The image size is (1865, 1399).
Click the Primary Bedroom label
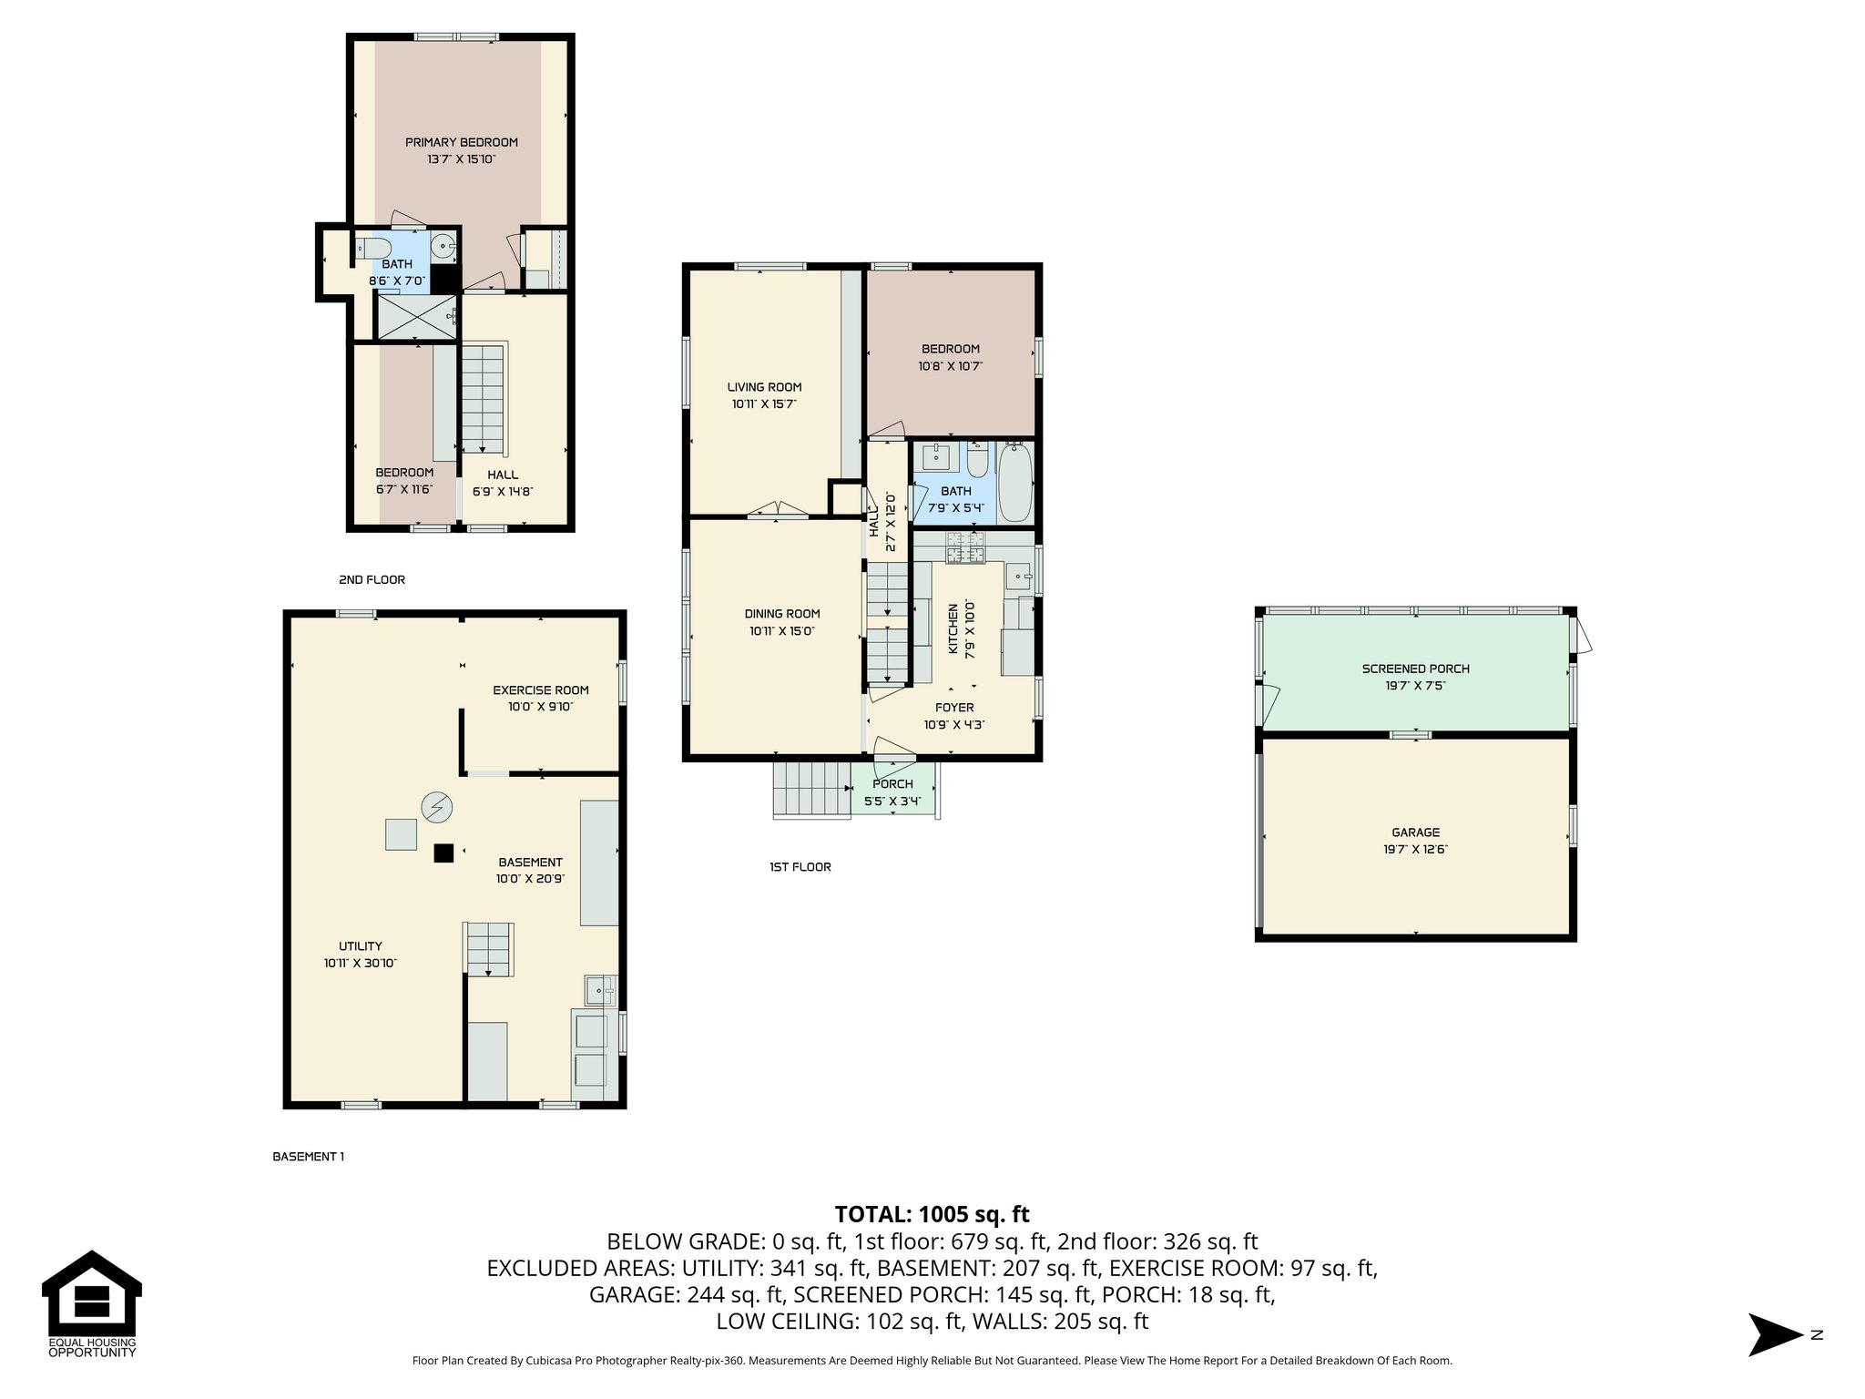coord(461,142)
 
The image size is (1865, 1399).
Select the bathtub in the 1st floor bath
coord(1014,482)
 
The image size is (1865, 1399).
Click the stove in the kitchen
coord(964,549)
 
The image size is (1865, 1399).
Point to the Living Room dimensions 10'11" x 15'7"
coord(764,403)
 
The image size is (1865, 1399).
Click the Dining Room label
coord(781,614)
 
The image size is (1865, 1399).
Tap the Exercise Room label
coord(540,690)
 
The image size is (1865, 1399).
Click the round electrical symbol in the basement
coord(437,806)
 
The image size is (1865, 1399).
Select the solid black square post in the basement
coord(443,853)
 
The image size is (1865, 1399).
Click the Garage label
coord(1415,832)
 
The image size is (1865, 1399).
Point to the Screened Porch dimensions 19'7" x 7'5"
coord(1415,686)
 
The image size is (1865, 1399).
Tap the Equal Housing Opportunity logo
coord(91,1303)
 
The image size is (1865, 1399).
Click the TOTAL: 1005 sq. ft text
coord(932,1214)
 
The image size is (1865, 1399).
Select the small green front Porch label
coord(892,784)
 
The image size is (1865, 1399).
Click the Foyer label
coord(953,708)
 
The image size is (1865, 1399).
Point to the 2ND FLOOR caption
coord(372,579)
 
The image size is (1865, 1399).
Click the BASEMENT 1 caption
coord(308,1157)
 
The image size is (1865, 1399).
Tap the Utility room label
coord(360,946)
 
